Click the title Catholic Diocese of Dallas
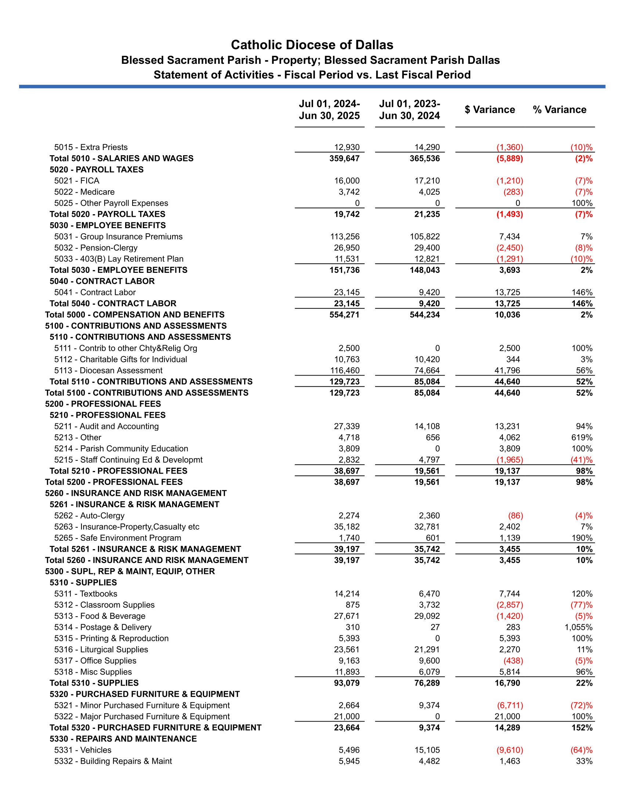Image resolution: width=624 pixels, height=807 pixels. (x=312, y=45)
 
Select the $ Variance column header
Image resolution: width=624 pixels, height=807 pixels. (x=490, y=110)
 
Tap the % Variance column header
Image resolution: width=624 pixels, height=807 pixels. (x=559, y=110)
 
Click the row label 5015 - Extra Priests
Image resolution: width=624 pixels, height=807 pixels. (x=91, y=147)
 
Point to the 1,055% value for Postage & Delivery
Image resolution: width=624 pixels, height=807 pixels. (x=578, y=627)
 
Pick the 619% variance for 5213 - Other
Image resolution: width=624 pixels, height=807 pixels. (x=582, y=438)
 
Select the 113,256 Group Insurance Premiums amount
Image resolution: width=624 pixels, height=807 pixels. (x=345, y=237)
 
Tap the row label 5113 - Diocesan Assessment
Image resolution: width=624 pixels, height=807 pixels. (x=108, y=370)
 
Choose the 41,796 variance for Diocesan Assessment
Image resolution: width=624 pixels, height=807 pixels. (x=507, y=370)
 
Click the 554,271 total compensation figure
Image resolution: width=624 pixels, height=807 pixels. (x=344, y=315)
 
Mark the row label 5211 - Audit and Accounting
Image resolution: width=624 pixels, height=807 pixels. (x=106, y=426)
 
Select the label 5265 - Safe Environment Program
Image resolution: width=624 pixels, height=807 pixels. (x=117, y=538)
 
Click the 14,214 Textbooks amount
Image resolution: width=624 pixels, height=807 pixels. (x=347, y=594)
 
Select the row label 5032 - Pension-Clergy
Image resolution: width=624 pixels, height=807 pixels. (x=96, y=248)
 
